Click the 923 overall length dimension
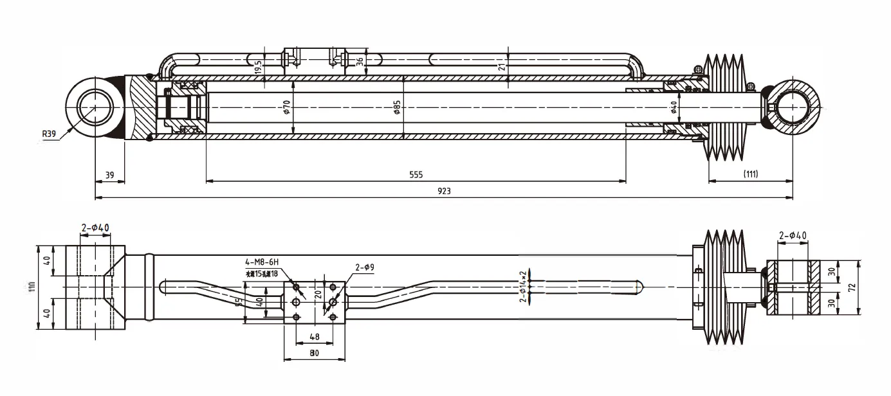(x=444, y=192)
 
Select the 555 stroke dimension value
(x=416, y=175)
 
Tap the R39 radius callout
(x=50, y=134)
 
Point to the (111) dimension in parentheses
(x=750, y=174)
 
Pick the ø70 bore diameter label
(x=287, y=107)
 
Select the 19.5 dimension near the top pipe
(x=257, y=67)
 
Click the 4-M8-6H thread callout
(x=261, y=262)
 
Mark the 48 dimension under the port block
(x=315, y=336)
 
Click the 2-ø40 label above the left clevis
(x=95, y=228)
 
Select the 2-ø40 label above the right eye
(x=793, y=236)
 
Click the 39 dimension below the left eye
(x=109, y=175)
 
